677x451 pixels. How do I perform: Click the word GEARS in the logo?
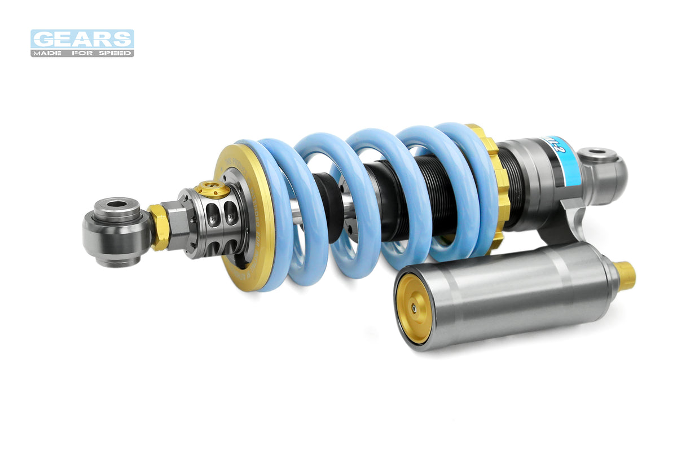[82, 39]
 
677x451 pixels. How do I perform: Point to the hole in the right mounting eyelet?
[597, 153]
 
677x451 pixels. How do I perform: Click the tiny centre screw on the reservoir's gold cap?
[414, 308]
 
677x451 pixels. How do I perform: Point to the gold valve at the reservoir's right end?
[625, 275]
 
